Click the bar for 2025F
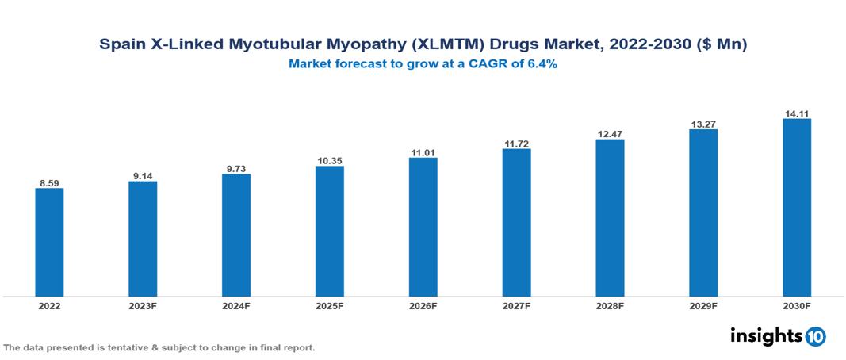pyautogui.click(x=329, y=231)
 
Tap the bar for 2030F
pyautogui.click(x=797, y=208)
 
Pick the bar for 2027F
pyautogui.click(x=516, y=223)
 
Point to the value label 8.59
pyautogui.click(x=49, y=183)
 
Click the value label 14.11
pyautogui.click(x=797, y=113)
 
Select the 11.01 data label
pyautogui.click(x=423, y=152)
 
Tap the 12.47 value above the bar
pyautogui.click(x=610, y=134)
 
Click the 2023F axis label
pyautogui.click(x=143, y=305)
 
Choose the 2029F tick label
pyautogui.click(x=703, y=305)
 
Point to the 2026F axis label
pyautogui.click(x=423, y=305)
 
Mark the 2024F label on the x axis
pyautogui.click(x=236, y=305)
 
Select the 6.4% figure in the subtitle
pyautogui.click(x=542, y=64)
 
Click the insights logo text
pyautogui.click(x=765, y=335)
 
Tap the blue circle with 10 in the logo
pyautogui.click(x=815, y=337)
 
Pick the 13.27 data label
pyautogui.click(x=703, y=123)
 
